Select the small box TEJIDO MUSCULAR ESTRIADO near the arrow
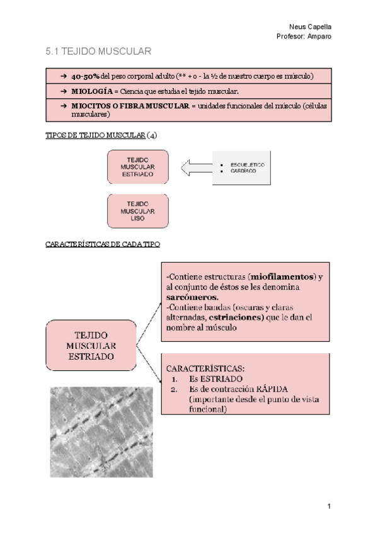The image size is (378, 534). [138, 167]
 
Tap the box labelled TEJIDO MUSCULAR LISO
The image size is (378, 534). [138, 211]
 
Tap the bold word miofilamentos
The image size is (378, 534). [282, 276]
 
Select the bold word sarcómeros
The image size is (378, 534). [193, 297]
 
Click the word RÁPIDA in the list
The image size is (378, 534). [272, 389]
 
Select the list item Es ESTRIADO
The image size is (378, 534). [215, 379]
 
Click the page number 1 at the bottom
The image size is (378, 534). [329, 506]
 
